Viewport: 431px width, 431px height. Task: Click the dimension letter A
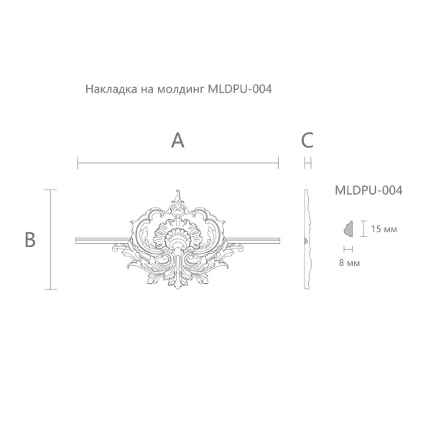[x=177, y=140]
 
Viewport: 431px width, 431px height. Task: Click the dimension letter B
[x=30, y=239]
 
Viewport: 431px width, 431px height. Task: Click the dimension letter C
[x=307, y=140]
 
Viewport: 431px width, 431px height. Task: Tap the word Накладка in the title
[x=110, y=91]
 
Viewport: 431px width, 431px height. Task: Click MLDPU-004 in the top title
[x=240, y=91]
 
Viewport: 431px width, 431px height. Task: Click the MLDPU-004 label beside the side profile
[x=368, y=190]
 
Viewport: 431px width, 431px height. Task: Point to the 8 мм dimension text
[x=348, y=263]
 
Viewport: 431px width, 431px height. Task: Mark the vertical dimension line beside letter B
[x=50, y=239]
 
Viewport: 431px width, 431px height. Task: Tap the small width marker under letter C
[x=307, y=164]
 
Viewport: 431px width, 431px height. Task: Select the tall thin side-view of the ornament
[x=307, y=239]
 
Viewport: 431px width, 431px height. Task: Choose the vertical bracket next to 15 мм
[x=363, y=228]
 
